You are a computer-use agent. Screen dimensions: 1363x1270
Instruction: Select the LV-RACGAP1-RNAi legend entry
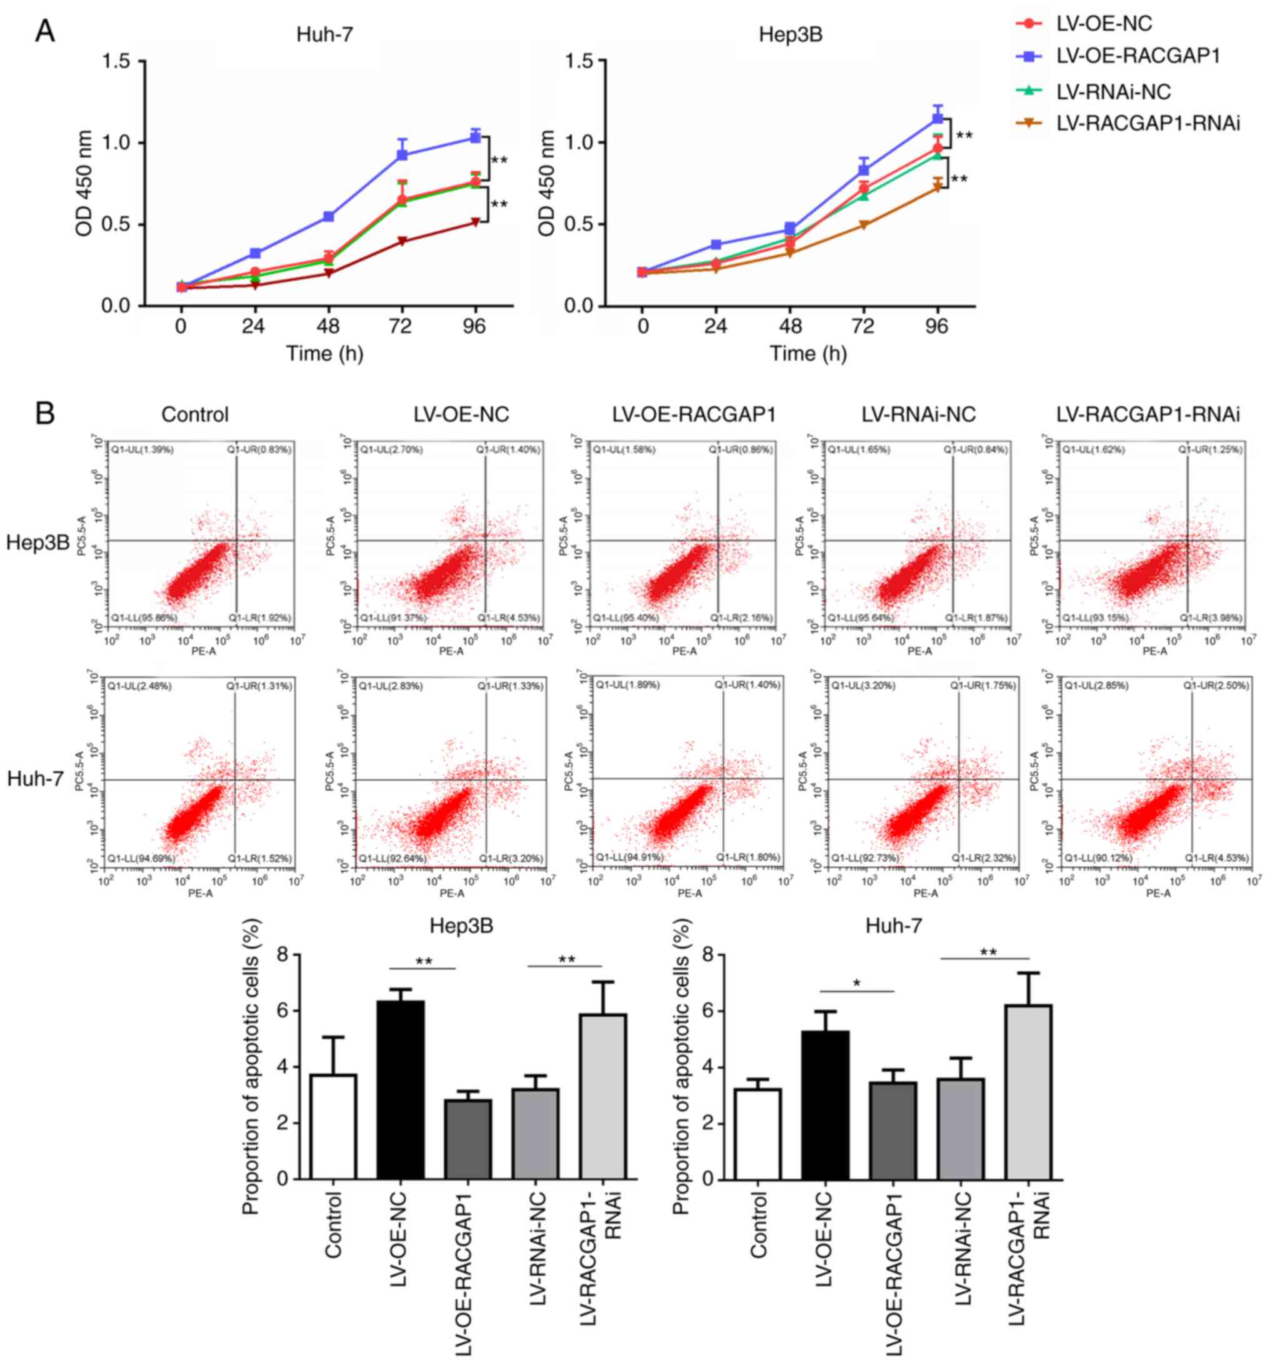tap(1147, 123)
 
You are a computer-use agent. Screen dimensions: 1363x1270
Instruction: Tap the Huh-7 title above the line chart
tap(324, 34)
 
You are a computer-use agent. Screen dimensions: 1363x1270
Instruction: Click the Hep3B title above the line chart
tap(790, 34)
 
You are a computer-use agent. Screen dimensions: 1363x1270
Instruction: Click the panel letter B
tap(44, 414)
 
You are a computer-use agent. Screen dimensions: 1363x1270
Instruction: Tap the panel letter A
tap(44, 31)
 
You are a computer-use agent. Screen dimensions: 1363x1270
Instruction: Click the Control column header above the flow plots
tap(195, 415)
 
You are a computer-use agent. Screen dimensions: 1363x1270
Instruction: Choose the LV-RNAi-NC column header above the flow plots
tap(918, 415)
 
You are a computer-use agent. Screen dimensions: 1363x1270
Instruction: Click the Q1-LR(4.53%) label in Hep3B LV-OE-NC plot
tap(509, 617)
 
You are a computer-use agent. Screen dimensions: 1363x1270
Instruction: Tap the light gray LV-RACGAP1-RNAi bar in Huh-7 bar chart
tap(1027, 1093)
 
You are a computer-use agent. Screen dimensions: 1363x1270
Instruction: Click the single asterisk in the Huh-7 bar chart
tap(856, 984)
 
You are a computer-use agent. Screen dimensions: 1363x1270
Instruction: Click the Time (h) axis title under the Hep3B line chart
tap(807, 354)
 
